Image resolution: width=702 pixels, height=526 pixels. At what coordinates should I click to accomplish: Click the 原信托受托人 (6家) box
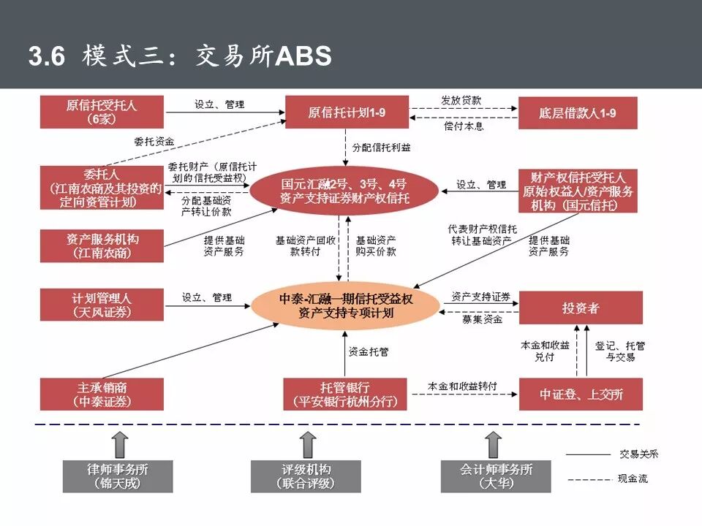(x=102, y=112)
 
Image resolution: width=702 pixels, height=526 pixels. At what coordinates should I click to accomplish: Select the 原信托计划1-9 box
(x=347, y=113)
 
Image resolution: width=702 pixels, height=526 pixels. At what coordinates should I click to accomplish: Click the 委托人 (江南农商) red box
(x=102, y=188)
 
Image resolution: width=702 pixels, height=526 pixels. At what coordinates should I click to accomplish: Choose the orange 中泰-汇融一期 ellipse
(x=347, y=306)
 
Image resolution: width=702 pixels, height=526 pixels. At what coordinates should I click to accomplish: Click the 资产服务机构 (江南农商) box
(x=102, y=245)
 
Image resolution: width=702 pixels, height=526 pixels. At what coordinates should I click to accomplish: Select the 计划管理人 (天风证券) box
(x=102, y=305)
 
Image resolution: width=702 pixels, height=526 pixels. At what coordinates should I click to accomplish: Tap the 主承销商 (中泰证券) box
(x=102, y=394)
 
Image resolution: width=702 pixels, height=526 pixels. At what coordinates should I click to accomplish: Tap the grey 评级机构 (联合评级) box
(x=306, y=476)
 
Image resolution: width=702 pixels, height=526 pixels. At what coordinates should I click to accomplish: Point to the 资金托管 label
(x=369, y=351)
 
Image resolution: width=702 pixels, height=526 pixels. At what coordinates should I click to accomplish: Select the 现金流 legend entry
(x=629, y=479)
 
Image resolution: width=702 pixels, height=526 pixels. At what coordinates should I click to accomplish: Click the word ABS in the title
(x=303, y=56)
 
